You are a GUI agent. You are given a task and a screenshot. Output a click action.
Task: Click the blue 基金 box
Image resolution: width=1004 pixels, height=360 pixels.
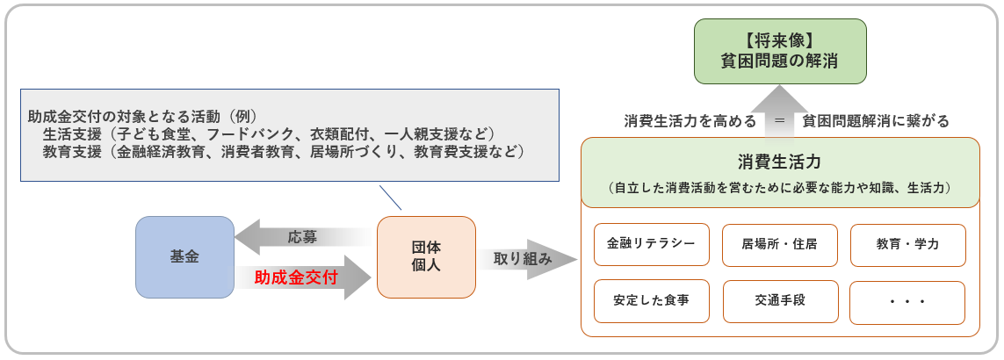click(184, 256)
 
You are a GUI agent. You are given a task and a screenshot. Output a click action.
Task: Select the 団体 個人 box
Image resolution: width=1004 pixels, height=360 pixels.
click(426, 256)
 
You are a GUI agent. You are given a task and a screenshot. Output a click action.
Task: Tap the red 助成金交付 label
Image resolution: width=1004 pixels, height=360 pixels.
click(296, 277)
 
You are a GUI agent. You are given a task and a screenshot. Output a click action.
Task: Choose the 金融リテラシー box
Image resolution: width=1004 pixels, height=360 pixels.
click(651, 244)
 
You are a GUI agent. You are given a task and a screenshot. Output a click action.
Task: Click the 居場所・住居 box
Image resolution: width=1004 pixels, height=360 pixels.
click(779, 244)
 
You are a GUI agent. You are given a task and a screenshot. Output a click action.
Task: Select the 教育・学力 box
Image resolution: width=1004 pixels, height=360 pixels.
click(907, 244)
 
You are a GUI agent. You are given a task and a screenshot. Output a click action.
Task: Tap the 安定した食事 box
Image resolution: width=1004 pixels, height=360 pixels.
click(651, 300)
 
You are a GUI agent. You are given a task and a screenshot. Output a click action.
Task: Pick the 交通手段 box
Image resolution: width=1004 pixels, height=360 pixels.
click(779, 300)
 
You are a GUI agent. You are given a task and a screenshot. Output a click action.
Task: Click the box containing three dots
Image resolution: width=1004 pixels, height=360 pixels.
click(907, 301)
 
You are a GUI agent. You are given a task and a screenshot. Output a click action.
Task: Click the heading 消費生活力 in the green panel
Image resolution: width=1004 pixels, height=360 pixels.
click(780, 162)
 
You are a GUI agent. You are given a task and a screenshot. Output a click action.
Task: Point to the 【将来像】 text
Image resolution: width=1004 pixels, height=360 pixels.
click(780, 40)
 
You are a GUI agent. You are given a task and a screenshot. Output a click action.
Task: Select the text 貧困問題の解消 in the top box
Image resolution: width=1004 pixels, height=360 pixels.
click(780, 62)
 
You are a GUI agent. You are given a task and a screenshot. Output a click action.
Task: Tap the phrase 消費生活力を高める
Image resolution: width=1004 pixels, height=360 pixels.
click(690, 121)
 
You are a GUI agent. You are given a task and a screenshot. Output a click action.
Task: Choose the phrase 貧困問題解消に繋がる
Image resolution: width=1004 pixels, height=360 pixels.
click(875, 121)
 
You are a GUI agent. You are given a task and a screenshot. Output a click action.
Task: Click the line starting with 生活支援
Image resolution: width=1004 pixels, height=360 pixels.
click(269, 133)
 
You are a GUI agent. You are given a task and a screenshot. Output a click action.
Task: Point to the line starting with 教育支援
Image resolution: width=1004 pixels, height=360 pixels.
click(283, 152)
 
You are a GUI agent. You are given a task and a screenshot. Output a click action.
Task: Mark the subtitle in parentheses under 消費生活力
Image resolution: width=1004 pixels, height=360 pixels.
click(780, 188)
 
